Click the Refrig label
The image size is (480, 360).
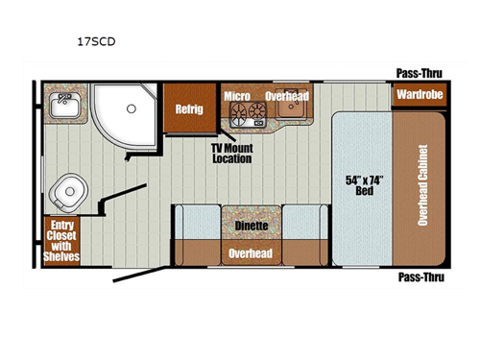pos(188,109)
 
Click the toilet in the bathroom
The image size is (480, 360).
pos(68,195)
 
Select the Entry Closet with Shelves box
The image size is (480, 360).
pos(60,240)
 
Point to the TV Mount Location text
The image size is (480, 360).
pos(231,153)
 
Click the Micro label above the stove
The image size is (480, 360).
pos(237,97)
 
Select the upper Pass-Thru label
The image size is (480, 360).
pos(420,73)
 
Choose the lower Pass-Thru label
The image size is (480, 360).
pos(420,276)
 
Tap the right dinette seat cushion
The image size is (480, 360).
pos(306,229)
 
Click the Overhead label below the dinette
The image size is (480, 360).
pos(251,253)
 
